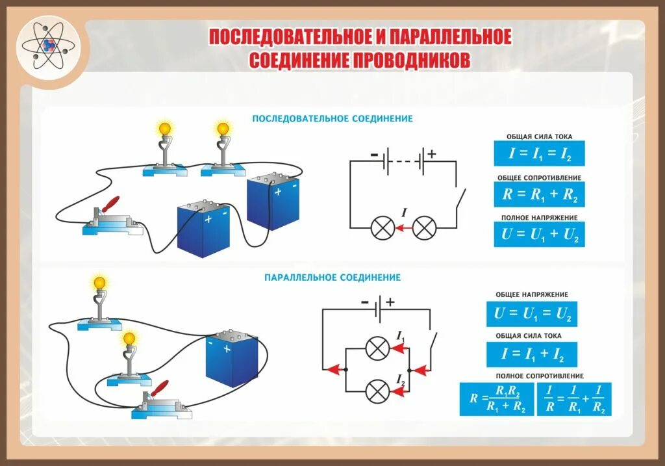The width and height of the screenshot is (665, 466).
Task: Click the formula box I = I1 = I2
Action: pos(538,154)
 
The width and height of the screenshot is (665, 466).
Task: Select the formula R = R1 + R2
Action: pos(538,194)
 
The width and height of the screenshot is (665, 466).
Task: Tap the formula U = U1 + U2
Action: pos(538,234)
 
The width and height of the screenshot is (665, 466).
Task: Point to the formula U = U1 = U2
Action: pos(532,314)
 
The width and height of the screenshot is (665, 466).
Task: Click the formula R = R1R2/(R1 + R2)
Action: pos(496,399)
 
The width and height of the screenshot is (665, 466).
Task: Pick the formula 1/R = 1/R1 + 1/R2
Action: pos(574,399)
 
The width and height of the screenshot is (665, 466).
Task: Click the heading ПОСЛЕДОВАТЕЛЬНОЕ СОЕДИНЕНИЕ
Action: pos(332,119)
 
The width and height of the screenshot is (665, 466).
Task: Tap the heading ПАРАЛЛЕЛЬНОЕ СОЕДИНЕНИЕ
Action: pos(332,278)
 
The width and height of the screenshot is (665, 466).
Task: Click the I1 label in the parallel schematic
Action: pos(401,335)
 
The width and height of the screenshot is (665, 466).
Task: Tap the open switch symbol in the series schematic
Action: pos(460,198)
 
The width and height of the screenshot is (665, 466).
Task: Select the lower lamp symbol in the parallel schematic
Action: pos(377,391)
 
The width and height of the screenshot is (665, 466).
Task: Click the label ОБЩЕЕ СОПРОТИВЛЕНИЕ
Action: pos(539,177)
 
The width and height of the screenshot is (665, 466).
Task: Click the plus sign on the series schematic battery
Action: pos(431,153)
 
